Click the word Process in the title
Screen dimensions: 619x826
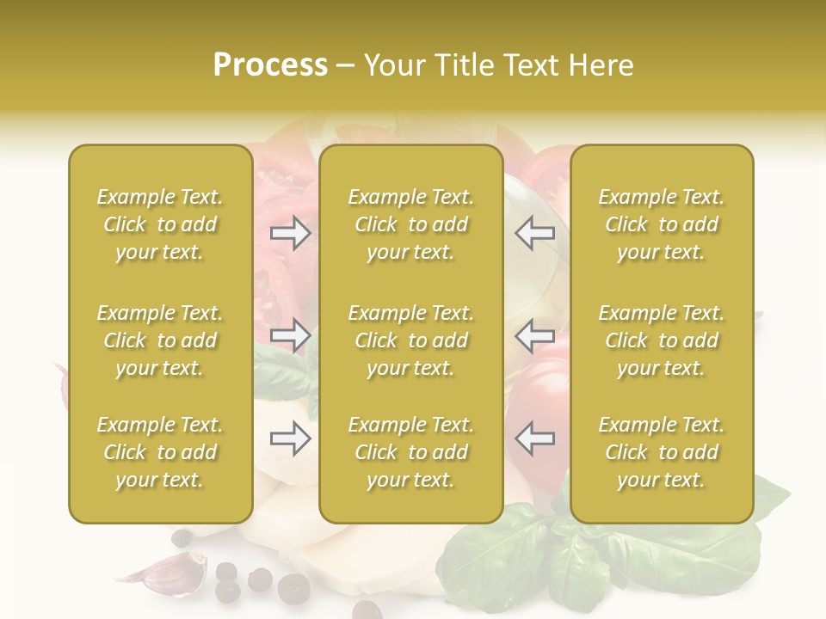pos(270,65)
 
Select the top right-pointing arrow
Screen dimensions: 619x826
pos(291,233)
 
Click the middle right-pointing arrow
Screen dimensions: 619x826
pos(291,335)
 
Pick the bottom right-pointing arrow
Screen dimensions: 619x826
pos(291,439)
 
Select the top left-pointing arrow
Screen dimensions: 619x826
pos(535,233)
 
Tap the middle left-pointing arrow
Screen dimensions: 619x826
pos(535,335)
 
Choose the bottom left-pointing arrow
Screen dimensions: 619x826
pos(535,438)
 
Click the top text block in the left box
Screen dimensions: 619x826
pos(160,224)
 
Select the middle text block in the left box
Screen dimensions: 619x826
pos(160,340)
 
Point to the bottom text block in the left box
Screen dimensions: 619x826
pos(160,452)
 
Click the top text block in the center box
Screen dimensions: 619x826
pos(411,224)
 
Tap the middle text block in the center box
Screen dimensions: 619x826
pos(411,340)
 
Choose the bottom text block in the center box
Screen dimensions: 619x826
pos(411,452)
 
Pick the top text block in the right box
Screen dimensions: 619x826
pos(662,224)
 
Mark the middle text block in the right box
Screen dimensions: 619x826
pos(662,340)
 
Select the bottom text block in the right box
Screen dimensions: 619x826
pos(662,452)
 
